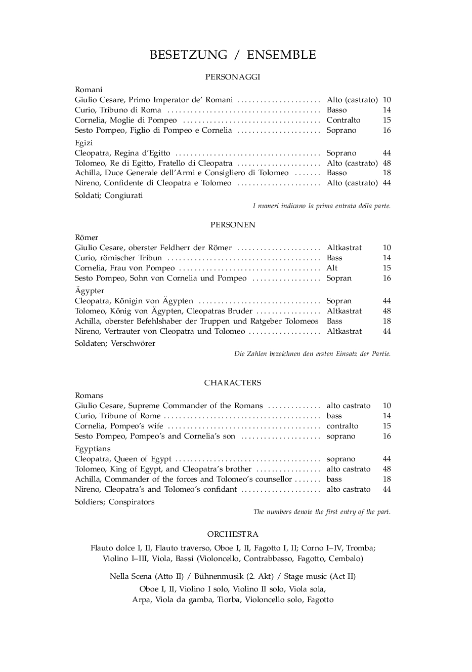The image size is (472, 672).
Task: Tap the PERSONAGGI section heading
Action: click(x=233, y=77)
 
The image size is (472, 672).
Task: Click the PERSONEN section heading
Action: click(x=233, y=225)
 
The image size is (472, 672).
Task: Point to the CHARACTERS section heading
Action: click(x=233, y=383)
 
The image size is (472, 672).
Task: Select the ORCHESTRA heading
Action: click(x=233, y=534)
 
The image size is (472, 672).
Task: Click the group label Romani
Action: click(x=89, y=90)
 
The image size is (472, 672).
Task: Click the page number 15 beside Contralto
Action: click(x=387, y=120)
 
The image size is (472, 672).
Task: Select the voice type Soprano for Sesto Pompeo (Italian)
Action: click(x=341, y=130)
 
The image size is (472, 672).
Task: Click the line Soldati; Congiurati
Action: click(x=109, y=195)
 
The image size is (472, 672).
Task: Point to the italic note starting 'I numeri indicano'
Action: click(x=321, y=206)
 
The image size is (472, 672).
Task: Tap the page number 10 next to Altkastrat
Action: click(x=387, y=248)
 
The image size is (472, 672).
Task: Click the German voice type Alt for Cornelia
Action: click(x=332, y=268)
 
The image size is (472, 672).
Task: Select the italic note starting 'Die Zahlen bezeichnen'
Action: click(x=312, y=354)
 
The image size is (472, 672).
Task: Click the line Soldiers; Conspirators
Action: click(x=115, y=502)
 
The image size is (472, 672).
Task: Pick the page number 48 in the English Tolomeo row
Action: click(x=387, y=469)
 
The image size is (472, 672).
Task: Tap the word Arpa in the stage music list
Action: click(x=141, y=600)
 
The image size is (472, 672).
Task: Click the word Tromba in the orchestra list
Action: click(x=360, y=548)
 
